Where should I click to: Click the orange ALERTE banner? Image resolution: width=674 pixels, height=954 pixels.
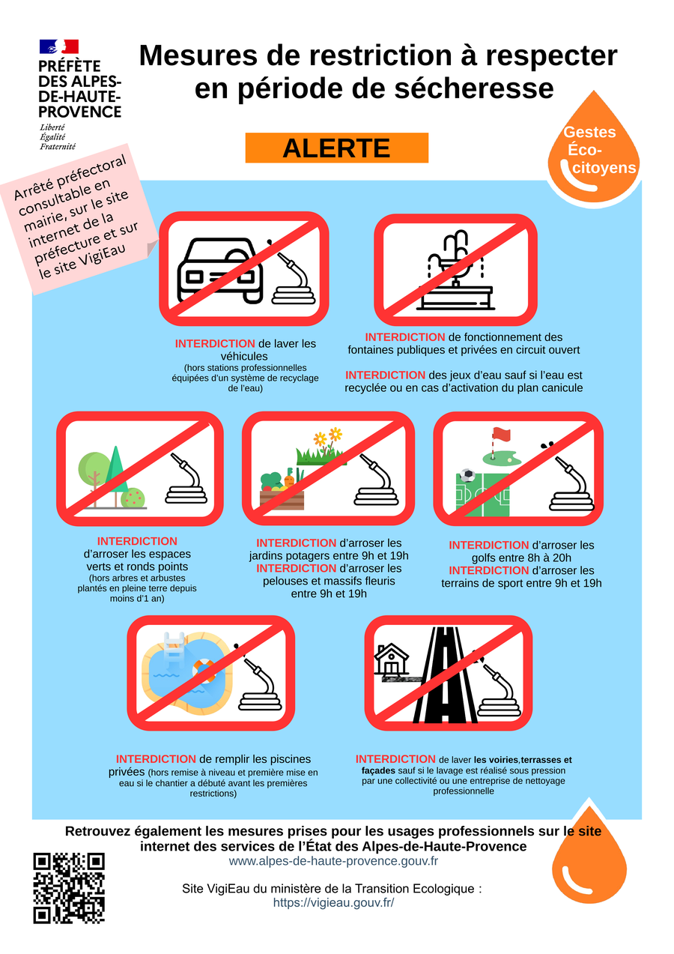(x=336, y=148)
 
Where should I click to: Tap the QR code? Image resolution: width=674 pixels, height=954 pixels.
(x=69, y=888)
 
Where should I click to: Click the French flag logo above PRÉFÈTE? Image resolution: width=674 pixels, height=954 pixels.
(x=58, y=46)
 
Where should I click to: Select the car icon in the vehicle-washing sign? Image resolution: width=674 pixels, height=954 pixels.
(x=219, y=270)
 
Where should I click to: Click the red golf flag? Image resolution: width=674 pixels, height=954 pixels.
(x=501, y=435)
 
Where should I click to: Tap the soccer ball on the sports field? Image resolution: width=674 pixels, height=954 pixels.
(x=467, y=475)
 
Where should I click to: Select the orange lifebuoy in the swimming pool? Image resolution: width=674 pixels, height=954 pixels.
(x=204, y=671)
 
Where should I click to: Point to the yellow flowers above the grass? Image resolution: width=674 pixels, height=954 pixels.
(x=328, y=436)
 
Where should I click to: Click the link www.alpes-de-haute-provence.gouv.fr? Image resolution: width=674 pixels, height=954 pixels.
(x=333, y=861)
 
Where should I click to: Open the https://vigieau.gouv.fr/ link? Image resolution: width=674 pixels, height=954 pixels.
(x=333, y=902)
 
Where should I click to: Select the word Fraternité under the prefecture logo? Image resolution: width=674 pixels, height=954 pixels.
(x=58, y=146)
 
